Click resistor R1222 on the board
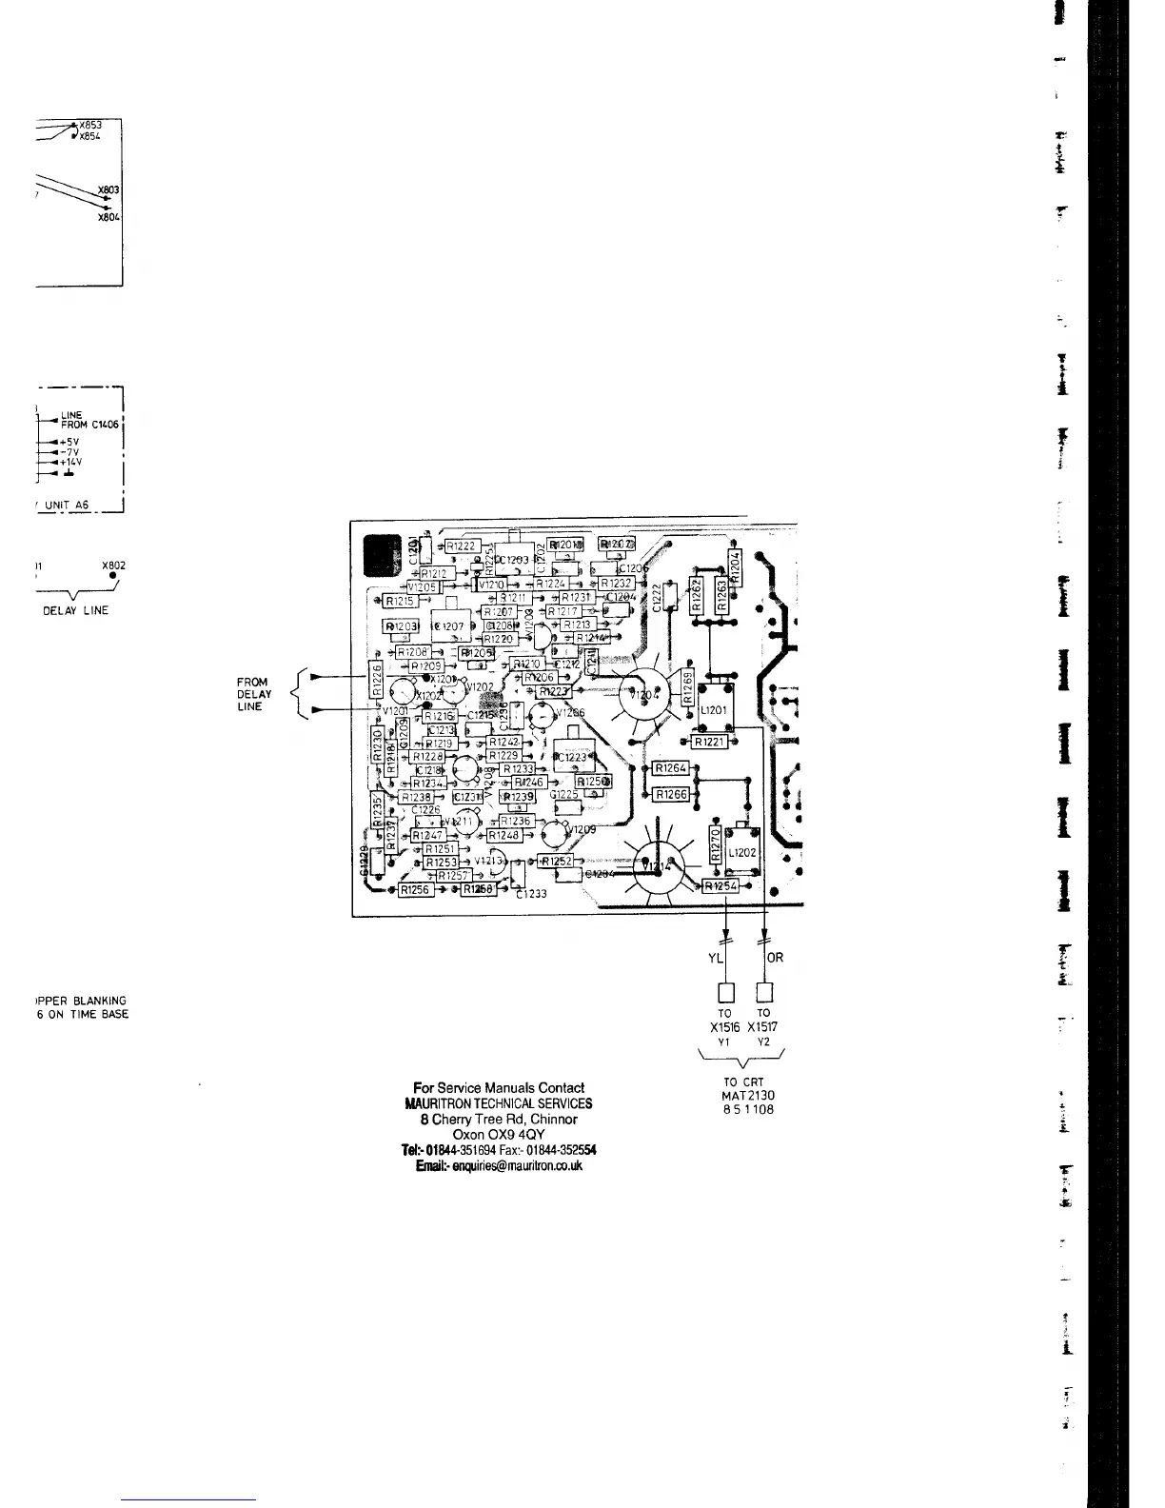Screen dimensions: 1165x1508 [x=462, y=546]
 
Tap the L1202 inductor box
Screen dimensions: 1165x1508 [x=741, y=852]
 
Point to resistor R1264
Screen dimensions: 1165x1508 [x=671, y=768]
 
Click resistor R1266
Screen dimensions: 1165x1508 [x=671, y=794]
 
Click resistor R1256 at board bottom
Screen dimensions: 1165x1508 [x=415, y=889]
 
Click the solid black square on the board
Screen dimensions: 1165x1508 [x=381, y=556]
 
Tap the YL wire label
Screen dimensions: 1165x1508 [x=716, y=957]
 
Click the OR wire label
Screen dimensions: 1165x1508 [x=775, y=957]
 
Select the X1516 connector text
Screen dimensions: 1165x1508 [x=724, y=1027]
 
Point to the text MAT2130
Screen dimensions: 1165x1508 [x=748, y=1095]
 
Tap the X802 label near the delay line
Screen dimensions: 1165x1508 [x=113, y=565]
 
